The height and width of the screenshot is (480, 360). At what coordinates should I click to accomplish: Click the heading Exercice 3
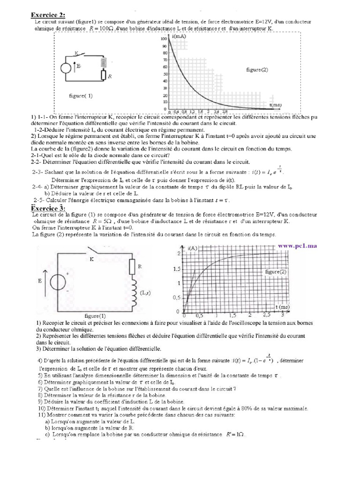tap(48, 208)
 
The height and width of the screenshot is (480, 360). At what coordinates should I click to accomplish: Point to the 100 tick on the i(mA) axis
tap(164, 38)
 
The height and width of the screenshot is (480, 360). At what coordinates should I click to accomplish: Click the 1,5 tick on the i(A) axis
tap(176, 269)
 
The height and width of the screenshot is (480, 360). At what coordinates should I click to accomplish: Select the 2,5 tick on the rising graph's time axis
tap(267, 315)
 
